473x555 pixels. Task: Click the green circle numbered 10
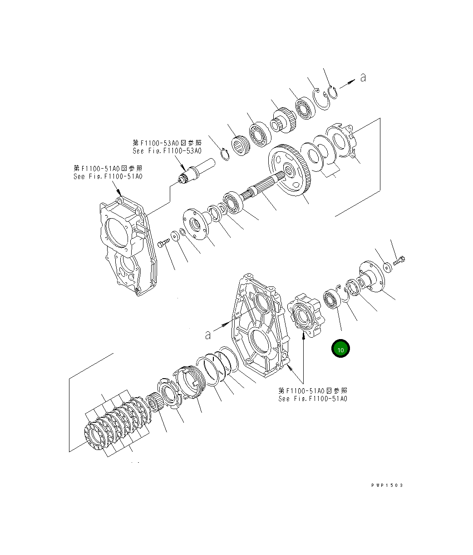341,349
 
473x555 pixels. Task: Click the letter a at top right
363,78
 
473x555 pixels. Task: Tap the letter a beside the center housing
208,335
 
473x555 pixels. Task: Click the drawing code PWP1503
387,485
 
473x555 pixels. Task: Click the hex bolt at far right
399,260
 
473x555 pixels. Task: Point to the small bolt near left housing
163,245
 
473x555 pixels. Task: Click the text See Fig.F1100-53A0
167,150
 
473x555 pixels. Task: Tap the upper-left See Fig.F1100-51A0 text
108,176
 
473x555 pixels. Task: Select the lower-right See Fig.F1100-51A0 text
313,399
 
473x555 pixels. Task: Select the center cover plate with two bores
257,325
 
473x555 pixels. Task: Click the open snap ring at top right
332,93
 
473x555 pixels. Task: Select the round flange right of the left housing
196,223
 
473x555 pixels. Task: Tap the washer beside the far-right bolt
387,267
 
